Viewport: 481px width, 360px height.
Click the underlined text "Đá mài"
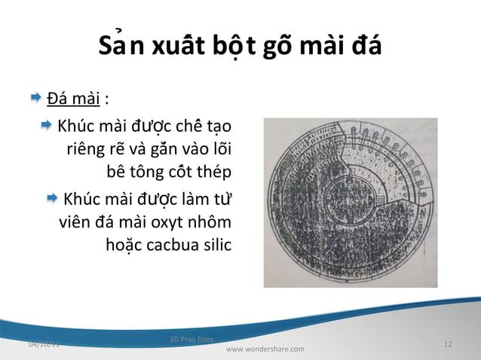click(x=74, y=98)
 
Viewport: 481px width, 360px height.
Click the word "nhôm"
click(x=211, y=223)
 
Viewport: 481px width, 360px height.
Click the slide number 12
click(x=448, y=344)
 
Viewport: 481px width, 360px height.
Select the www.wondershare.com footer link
click(x=265, y=349)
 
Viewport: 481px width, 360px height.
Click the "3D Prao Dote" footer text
click(x=192, y=339)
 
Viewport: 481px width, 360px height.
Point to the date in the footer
click(x=43, y=344)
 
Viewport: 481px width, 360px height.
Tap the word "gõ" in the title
click(x=279, y=47)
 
